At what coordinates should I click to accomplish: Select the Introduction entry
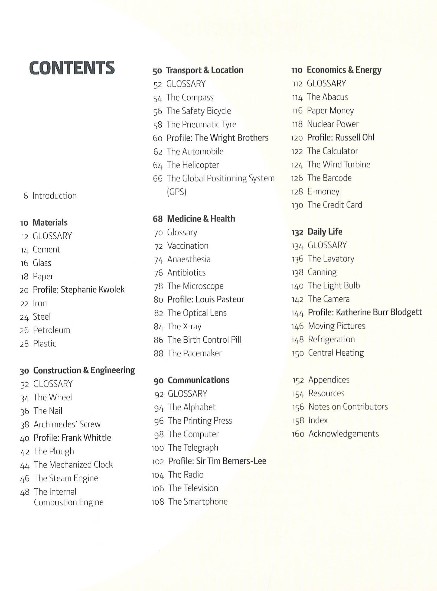(x=54, y=196)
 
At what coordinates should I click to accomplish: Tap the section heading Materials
(x=50, y=223)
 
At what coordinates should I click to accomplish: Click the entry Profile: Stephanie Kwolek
(x=79, y=290)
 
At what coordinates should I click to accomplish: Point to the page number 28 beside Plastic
(x=24, y=344)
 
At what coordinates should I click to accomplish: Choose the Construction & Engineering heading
(x=84, y=370)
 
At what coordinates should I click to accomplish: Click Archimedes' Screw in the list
(x=67, y=424)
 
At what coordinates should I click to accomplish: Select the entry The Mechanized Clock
(x=73, y=465)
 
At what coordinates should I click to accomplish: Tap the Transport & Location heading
(x=205, y=70)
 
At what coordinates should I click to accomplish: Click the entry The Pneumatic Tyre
(x=201, y=125)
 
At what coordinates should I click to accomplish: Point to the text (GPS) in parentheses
(x=177, y=192)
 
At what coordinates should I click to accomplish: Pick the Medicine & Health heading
(x=201, y=219)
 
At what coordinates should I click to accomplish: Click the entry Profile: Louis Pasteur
(x=206, y=300)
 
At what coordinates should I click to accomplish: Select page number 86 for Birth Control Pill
(x=158, y=340)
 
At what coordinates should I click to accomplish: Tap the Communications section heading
(x=198, y=380)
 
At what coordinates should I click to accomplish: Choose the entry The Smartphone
(x=198, y=502)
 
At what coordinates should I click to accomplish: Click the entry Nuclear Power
(x=332, y=124)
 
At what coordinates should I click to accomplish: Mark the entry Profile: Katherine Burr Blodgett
(x=365, y=313)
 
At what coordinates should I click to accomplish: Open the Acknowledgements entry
(x=344, y=434)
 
